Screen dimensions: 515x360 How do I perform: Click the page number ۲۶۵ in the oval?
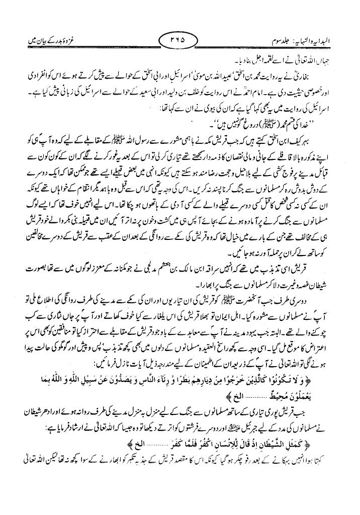point(181,39)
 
